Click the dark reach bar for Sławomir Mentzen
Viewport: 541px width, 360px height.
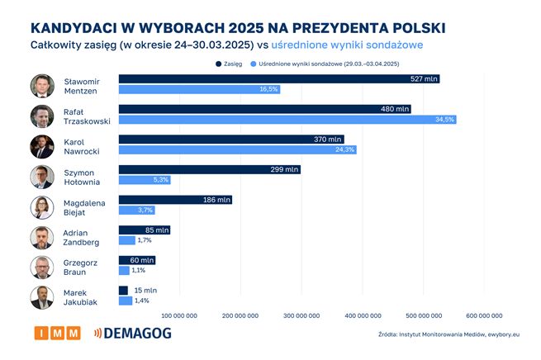coord(278,79)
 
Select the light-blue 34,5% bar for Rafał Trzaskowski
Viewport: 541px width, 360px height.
coord(287,120)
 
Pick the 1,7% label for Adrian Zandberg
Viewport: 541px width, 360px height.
coord(144,240)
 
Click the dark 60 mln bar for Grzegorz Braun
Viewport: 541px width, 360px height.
coord(136,260)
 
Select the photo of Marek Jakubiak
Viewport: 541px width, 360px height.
coord(42,297)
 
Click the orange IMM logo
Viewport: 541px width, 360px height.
coord(58,333)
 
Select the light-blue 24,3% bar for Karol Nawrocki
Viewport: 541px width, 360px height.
coord(238,149)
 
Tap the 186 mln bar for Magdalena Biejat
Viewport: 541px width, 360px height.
coord(175,200)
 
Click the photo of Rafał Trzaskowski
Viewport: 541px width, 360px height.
coord(42,116)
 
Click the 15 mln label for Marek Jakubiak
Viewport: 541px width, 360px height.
coord(145,291)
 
